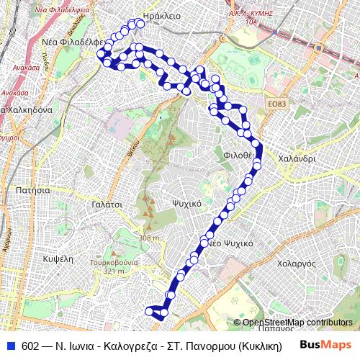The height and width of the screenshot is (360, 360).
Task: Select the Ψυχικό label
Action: (185, 204)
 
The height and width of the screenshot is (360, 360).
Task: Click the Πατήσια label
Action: (32, 190)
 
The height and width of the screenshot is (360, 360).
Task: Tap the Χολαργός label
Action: (296, 264)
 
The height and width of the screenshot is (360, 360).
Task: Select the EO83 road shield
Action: (276, 104)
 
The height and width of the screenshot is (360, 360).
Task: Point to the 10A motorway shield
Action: (251, 22)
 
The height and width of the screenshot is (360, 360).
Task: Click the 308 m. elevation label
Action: (150, 238)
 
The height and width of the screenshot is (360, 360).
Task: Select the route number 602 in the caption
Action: (30, 346)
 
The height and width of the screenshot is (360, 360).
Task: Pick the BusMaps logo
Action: (325, 346)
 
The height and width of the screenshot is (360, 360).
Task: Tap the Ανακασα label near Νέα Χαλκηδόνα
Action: (14, 92)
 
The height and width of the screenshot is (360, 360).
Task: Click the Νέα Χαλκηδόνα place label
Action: (26, 110)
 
